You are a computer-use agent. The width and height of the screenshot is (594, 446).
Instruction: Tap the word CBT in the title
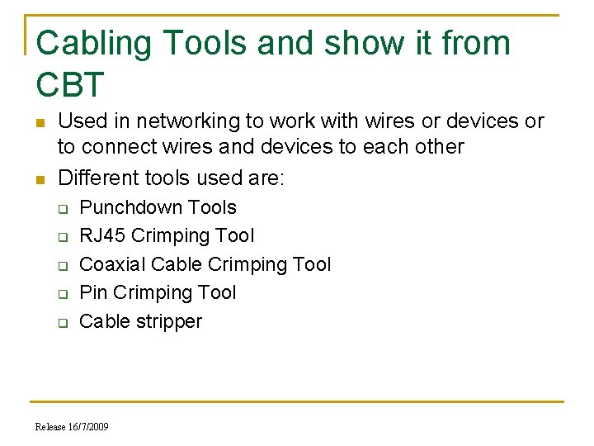click(71, 85)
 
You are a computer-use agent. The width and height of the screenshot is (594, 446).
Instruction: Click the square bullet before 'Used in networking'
click(40, 123)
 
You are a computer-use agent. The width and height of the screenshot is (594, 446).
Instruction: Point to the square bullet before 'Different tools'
click(40, 179)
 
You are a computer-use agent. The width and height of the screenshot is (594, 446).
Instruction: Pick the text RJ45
click(102, 236)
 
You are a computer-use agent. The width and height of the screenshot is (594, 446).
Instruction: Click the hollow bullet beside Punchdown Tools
click(62, 209)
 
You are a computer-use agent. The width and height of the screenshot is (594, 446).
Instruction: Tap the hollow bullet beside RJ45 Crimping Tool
click(62, 237)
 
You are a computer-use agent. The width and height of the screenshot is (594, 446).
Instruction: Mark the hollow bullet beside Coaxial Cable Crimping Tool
click(62, 266)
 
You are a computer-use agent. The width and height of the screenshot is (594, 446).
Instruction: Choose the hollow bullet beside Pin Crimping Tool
click(62, 294)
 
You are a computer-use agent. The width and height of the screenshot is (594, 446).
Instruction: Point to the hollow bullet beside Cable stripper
click(62, 323)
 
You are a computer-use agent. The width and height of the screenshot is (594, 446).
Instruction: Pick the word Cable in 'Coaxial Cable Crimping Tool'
click(177, 264)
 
